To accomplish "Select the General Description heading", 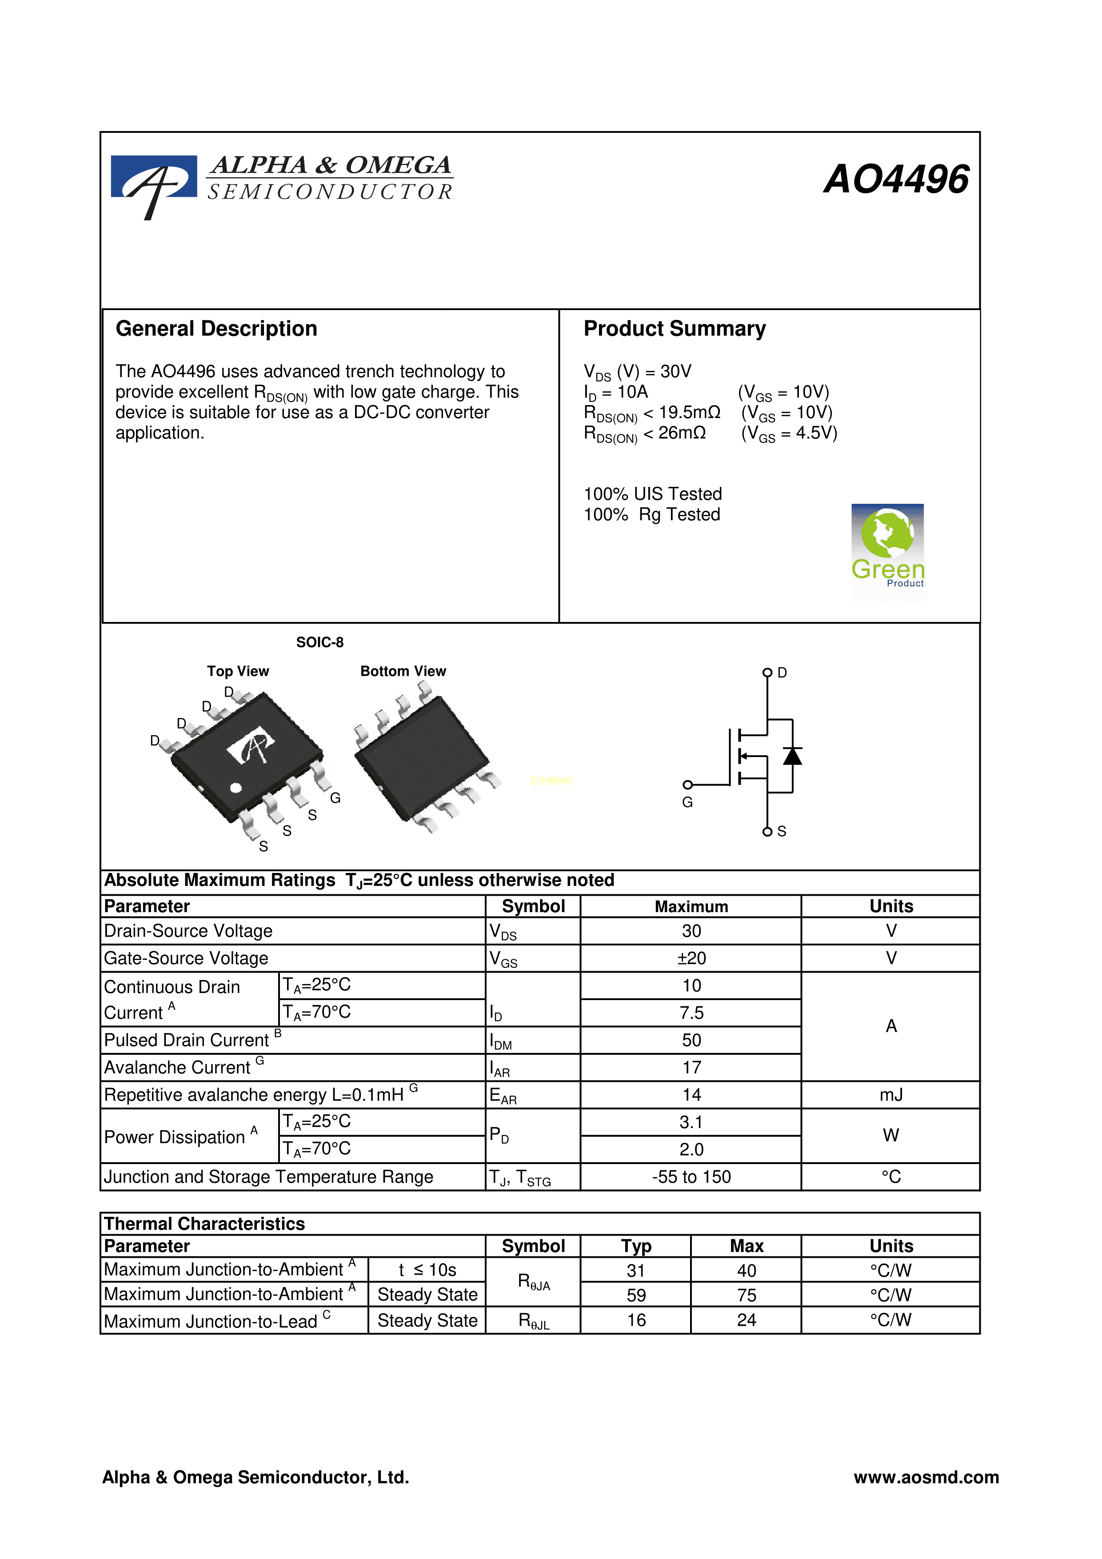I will pyautogui.click(x=216, y=329).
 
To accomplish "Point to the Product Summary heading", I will pyautogui.click(x=674, y=329).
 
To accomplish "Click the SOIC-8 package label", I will pyautogui.click(x=320, y=642).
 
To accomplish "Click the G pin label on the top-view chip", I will pyautogui.click(x=335, y=798).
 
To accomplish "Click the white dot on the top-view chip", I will pyautogui.click(x=236, y=788).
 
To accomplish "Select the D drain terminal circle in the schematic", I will pyautogui.click(x=767, y=673).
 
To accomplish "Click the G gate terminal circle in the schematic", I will pyautogui.click(x=688, y=785).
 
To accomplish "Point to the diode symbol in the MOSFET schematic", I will pyautogui.click(x=792, y=756).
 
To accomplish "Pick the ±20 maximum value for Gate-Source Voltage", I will pyautogui.click(x=691, y=958).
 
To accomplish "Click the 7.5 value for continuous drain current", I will pyautogui.click(x=691, y=1013).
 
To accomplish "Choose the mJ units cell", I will pyautogui.click(x=891, y=1095).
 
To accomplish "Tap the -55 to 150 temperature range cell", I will pyautogui.click(x=691, y=1177).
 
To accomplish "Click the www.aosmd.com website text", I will pyautogui.click(x=926, y=1478).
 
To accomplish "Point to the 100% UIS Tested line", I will pyautogui.click(x=652, y=494).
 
